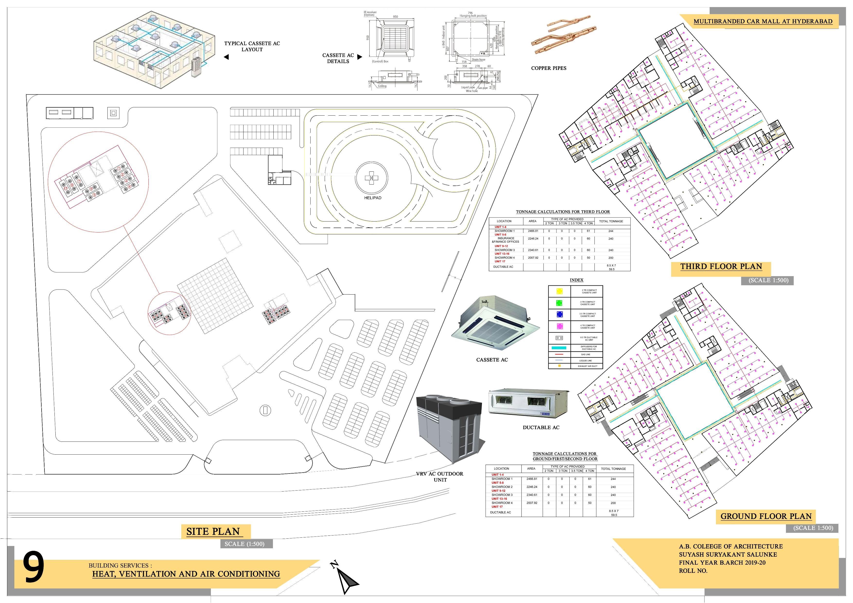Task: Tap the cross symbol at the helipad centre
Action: pos(371,178)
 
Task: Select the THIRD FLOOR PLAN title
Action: pos(721,267)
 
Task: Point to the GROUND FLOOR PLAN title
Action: pos(766,516)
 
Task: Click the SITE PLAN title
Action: pos(213,531)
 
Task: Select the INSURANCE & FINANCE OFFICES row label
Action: pos(505,240)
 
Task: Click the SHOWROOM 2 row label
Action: pos(502,487)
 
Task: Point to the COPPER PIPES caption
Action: pos(549,68)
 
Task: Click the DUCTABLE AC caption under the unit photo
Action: pos(541,427)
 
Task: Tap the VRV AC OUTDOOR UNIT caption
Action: pos(440,477)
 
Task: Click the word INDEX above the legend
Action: pos(577,280)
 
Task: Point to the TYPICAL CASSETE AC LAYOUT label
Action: pos(252,46)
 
